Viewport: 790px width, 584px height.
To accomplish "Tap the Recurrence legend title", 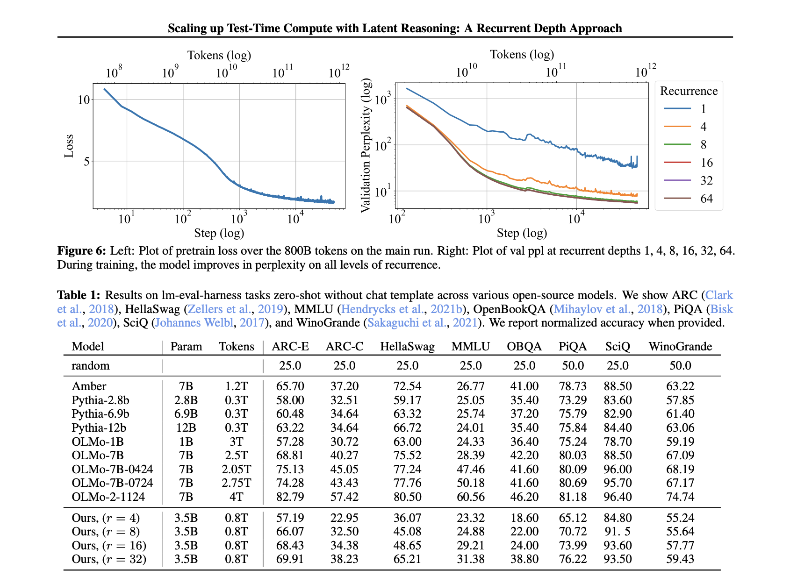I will [689, 91].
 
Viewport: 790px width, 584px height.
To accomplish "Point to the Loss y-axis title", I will [69, 146].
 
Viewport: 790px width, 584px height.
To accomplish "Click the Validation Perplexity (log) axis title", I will [366, 146].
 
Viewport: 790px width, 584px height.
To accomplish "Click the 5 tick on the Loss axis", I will [86, 161].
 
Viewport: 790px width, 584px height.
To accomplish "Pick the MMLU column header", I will [470, 346].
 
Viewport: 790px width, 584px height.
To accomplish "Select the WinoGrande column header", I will [680, 346].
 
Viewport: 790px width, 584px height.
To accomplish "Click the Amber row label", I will [89, 386].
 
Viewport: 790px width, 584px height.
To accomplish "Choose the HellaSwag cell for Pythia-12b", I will [407, 427].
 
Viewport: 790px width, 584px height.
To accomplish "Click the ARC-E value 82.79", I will [290, 497].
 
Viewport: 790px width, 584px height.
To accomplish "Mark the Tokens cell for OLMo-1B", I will [237, 442].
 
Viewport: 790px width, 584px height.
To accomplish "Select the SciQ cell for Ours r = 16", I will [618, 545].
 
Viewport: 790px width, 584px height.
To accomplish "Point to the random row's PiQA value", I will [573, 365].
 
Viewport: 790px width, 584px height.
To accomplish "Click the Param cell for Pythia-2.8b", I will [186, 400].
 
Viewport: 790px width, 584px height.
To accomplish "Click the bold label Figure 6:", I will [82, 251].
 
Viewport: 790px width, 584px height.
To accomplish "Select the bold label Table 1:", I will [79, 295].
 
